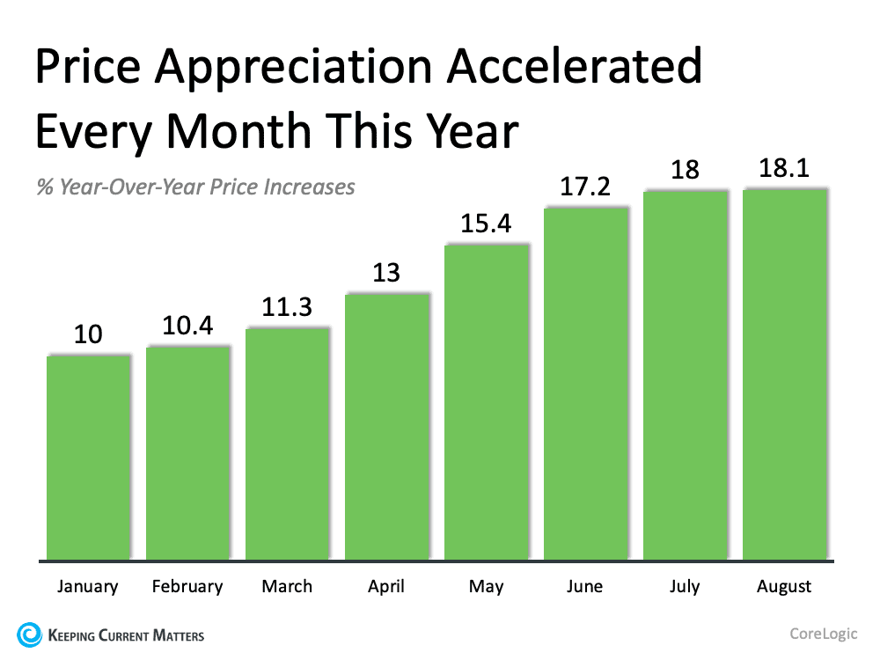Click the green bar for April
pos(387,426)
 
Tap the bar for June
pos(586,383)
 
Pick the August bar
pos(785,374)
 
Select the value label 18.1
pos(784,169)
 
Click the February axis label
pos(187,586)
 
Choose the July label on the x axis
pos(686,586)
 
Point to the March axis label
pos(287,586)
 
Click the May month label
pos(486,586)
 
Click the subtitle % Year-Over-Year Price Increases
pos(195,187)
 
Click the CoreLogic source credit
pos(823,633)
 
